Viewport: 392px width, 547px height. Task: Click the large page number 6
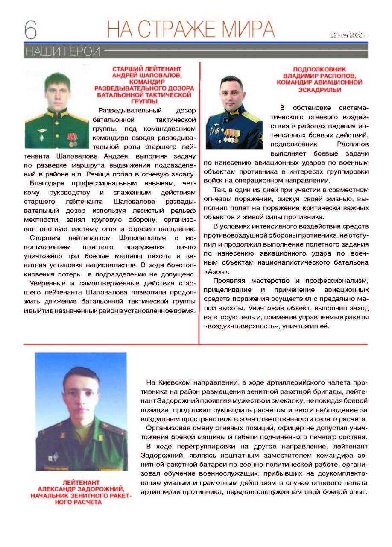pos(30,30)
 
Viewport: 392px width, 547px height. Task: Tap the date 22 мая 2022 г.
pos(348,35)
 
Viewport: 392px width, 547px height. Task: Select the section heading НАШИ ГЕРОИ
pos(63,52)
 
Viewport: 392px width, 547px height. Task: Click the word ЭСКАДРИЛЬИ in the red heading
pos(320,90)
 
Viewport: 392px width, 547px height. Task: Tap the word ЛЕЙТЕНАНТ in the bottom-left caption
pos(81,482)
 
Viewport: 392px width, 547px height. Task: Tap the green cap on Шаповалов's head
pos(57,79)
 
